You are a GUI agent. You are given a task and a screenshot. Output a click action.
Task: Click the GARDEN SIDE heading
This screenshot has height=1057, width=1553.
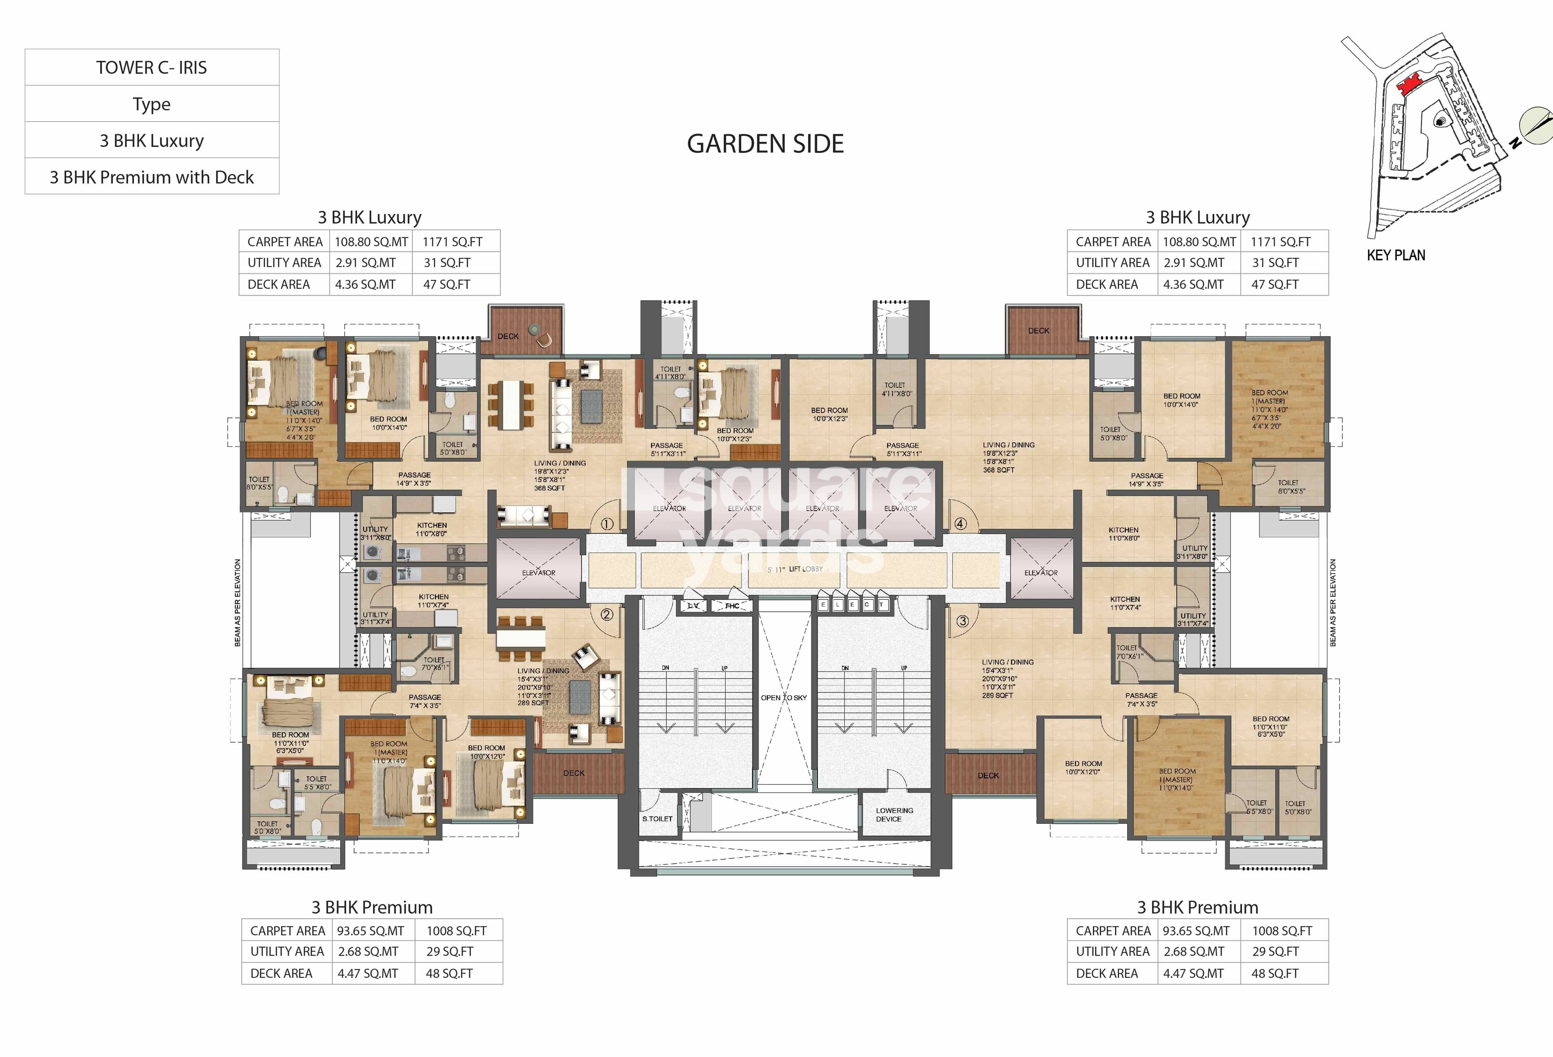(765, 144)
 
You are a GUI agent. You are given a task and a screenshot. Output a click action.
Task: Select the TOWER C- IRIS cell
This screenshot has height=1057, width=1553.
(152, 67)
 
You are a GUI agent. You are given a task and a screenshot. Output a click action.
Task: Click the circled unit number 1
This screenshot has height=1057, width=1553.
(607, 524)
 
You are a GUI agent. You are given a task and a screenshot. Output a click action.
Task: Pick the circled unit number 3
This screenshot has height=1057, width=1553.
(962, 621)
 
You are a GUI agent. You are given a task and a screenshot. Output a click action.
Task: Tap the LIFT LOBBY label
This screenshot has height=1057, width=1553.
(805, 569)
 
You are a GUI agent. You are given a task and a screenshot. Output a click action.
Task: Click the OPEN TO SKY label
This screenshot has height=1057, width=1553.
(784, 697)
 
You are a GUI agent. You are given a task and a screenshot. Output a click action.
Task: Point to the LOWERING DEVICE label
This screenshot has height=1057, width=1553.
(894, 814)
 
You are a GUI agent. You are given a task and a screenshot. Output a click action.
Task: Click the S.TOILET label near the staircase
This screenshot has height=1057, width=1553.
(657, 818)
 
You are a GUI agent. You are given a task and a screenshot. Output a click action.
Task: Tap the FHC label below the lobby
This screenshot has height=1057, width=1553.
(732, 606)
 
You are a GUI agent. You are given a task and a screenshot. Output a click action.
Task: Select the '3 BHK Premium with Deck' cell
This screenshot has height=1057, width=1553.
(152, 177)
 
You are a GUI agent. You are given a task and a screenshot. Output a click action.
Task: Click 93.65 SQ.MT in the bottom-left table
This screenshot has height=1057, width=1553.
(370, 931)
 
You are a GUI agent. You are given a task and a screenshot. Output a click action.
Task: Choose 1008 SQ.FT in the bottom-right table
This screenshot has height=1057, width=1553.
(1282, 931)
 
